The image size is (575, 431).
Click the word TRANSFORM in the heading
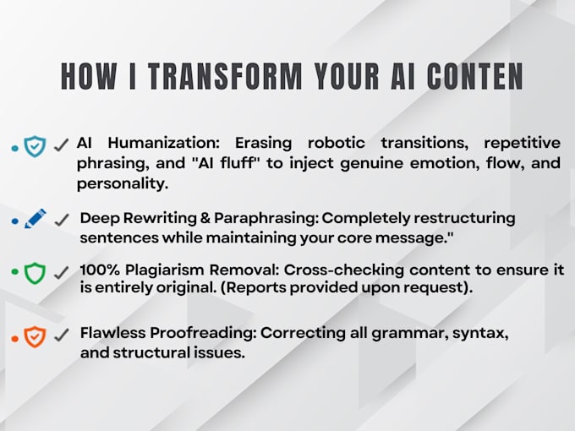tap(225, 76)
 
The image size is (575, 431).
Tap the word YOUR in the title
tap(347, 76)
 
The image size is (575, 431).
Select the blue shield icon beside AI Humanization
tap(35, 146)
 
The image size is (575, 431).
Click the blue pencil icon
tap(36, 218)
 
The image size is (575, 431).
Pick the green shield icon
tap(35, 273)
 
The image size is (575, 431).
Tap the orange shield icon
tap(35, 336)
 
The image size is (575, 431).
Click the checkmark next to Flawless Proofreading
tap(61, 335)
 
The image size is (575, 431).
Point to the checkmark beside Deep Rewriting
tap(61, 220)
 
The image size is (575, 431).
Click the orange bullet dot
tap(15, 339)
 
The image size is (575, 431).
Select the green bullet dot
tap(15, 271)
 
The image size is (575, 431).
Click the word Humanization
tap(163, 143)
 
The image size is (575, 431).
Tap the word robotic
tap(337, 143)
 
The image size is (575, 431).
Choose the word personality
tap(123, 183)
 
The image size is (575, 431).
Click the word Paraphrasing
tap(266, 218)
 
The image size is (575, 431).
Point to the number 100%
tap(100, 270)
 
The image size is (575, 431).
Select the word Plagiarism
tap(165, 270)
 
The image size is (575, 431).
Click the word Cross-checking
tap(344, 270)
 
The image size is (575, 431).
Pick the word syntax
tap(480, 334)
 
